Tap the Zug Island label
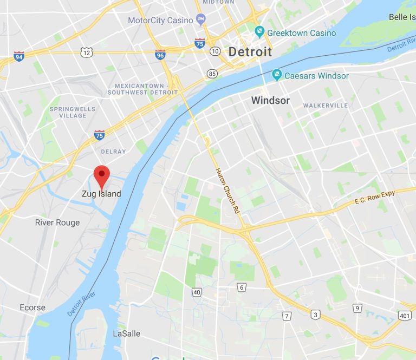tap(101, 194)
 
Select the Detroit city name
tap(250, 52)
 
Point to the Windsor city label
tap(270, 100)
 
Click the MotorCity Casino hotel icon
tap(201, 20)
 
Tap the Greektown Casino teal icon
tap(259, 33)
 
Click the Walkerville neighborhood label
tap(325, 105)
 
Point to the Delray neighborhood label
tap(113, 152)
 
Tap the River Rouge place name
tap(57, 222)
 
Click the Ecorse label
tap(32, 307)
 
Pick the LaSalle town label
tap(126, 333)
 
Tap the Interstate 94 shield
tap(19, 56)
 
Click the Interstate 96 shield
tap(160, 55)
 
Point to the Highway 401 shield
tap(404, 315)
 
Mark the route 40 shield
tap(197, 292)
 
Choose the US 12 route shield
tap(86, 52)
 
